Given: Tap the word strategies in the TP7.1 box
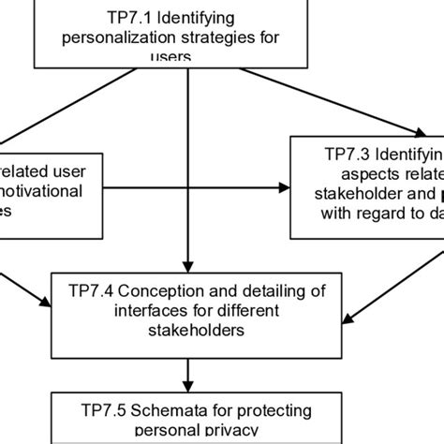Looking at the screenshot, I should (222, 38).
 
